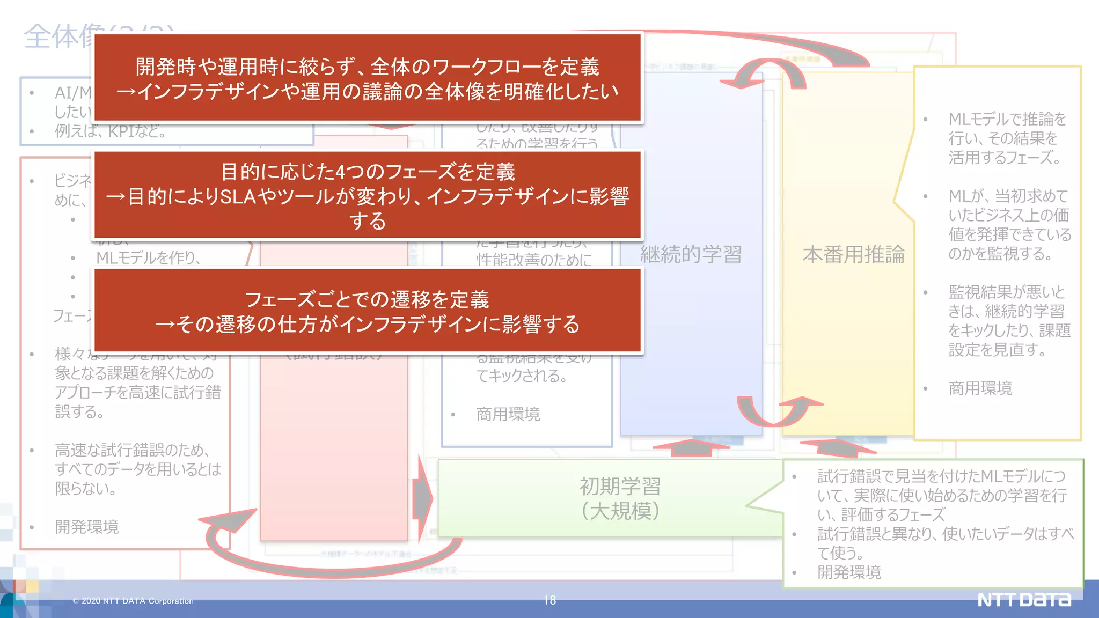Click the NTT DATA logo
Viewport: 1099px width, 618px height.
[x=1023, y=599]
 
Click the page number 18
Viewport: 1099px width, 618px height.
[x=549, y=600]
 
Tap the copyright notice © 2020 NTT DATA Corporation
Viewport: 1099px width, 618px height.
[x=133, y=601]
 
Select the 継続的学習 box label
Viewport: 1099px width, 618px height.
[x=691, y=254]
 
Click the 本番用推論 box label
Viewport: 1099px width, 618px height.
[x=853, y=254]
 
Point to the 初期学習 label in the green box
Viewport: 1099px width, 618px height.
[x=620, y=487]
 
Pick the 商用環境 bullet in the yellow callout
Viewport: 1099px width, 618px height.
[x=980, y=388]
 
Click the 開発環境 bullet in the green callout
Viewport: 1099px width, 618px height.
[x=849, y=572]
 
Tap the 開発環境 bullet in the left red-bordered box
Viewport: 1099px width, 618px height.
[x=86, y=527]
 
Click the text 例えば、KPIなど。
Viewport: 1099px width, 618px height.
[x=110, y=131]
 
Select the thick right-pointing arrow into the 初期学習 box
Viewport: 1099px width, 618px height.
[x=423, y=499]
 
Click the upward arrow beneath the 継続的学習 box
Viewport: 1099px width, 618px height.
[x=692, y=447]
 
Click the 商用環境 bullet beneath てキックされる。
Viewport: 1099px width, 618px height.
[x=508, y=414]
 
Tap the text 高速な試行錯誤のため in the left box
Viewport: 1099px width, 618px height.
[x=132, y=450]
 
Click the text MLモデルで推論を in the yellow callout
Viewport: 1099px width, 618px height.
[x=1007, y=119]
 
